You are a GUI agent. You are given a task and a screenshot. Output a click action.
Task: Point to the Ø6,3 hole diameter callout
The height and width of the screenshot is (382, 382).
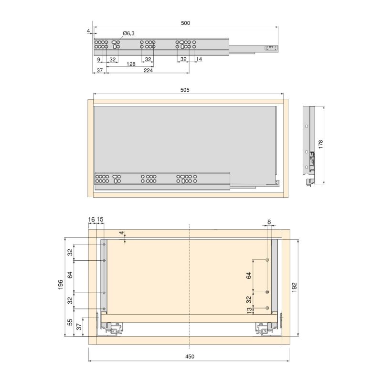128,33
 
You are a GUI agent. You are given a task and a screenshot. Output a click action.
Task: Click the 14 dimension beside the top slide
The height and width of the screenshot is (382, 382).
199,59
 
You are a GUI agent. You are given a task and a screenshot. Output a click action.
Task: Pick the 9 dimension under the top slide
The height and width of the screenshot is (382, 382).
99,59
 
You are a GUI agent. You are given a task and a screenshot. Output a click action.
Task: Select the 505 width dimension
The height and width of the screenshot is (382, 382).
185,89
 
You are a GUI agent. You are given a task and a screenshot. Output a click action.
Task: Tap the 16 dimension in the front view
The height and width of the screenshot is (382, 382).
92,219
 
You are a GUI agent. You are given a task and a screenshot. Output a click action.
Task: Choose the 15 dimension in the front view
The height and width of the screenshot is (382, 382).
100,219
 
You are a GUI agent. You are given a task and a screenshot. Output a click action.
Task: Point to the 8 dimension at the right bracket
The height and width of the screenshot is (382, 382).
269,222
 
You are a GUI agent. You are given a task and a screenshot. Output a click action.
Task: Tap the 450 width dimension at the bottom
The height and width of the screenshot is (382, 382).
190,356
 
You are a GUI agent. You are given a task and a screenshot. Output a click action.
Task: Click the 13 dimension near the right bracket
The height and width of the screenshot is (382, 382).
249,311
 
